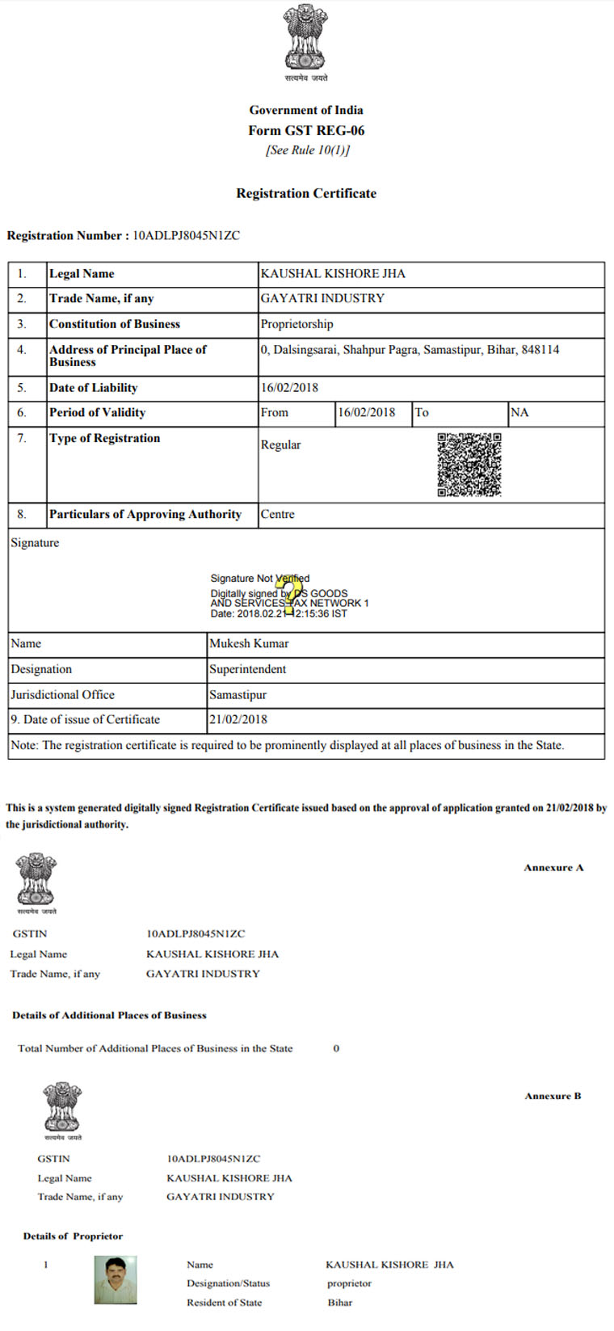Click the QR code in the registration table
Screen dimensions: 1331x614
469,465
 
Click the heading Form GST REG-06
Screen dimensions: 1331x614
306,130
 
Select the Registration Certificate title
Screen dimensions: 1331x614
306,193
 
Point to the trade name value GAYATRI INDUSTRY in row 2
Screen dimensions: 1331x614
322,298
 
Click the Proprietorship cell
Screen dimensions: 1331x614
296,324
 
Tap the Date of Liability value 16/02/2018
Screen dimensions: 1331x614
289,387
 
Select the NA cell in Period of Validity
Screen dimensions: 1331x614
519,412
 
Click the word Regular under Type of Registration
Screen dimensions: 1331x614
280,444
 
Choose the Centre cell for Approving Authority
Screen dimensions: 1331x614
277,514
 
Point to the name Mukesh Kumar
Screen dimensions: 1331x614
249,643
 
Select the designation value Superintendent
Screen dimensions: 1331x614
247,669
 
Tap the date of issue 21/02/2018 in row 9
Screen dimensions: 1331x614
238,719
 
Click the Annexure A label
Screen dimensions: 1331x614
553,867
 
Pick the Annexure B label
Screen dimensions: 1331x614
553,1096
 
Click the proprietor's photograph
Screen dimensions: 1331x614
116,1279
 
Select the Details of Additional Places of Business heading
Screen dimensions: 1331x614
109,1015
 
